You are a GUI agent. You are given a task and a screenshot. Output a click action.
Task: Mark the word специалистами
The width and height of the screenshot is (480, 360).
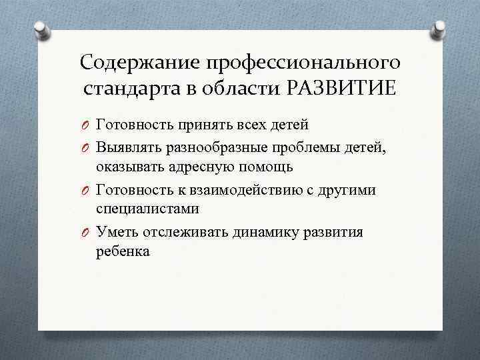[x=147, y=209]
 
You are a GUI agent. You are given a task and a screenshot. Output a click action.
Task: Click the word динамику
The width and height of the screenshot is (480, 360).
[x=271, y=232]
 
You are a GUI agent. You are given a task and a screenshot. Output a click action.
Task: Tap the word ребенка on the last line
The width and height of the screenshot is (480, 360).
[x=123, y=252]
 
